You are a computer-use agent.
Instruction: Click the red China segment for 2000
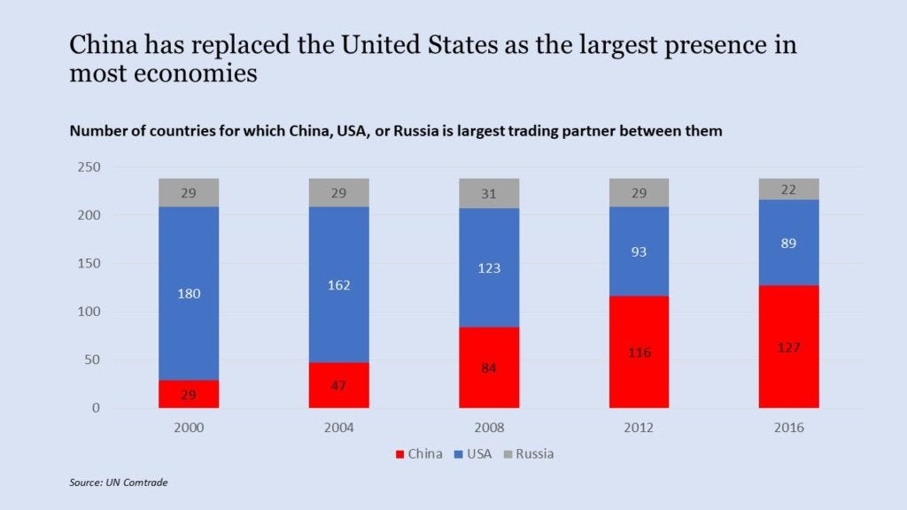click(x=189, y=394)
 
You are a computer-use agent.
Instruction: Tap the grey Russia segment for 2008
click(x=489, y=193)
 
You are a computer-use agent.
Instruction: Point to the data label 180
click(x=189, y=294)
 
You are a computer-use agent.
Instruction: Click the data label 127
click(x=789, y=347)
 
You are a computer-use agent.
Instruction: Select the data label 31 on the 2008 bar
click(x=489, y=193)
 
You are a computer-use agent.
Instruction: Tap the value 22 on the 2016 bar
click(x=789, y=189)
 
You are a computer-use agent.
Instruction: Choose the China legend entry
click(x=419, y=453)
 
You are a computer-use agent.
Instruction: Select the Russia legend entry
click(x=534, y=453)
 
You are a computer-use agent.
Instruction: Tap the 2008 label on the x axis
click(x=489, y=428)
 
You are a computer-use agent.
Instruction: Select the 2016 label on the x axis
click(x=789, y=428)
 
